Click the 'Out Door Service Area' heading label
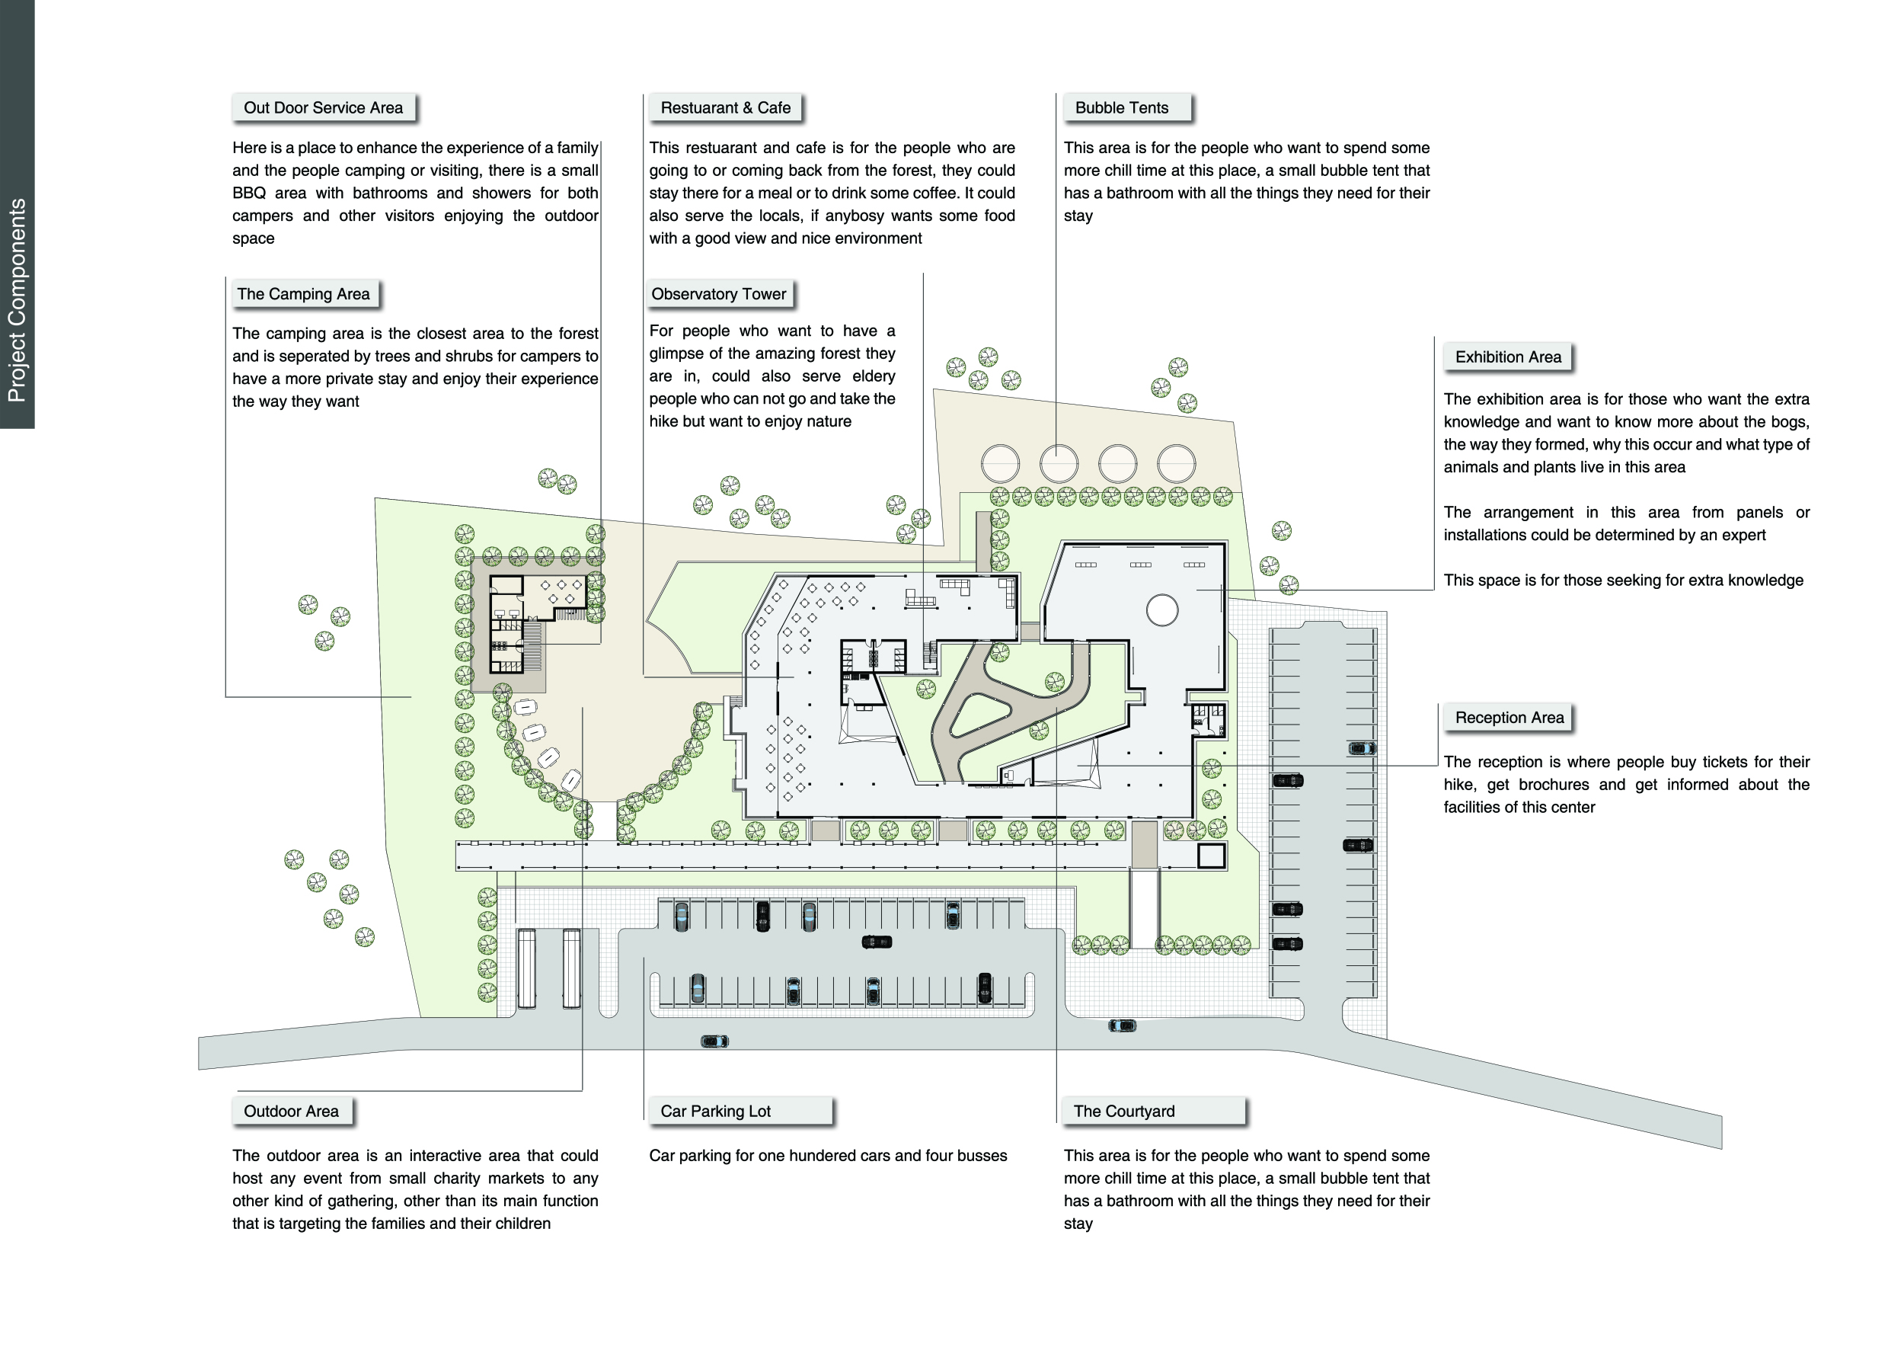click(x=324, y=108)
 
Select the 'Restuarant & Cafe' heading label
click(x=726, y=108)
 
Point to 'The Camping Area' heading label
click(x=304, y=293)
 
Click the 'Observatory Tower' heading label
click(x=719, y=293)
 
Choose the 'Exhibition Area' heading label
click(x=1509, y=357)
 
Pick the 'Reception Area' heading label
click(x=1509, y=718)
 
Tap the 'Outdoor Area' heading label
click(x=291, y=1112)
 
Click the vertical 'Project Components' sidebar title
click(x=17, y=300)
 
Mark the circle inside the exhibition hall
click(x=1161, y=610)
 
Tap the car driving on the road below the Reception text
click(x=1122, y=1026)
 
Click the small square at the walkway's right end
click(x=1212, y=856)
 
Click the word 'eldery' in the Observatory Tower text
click(x=874, y=376)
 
